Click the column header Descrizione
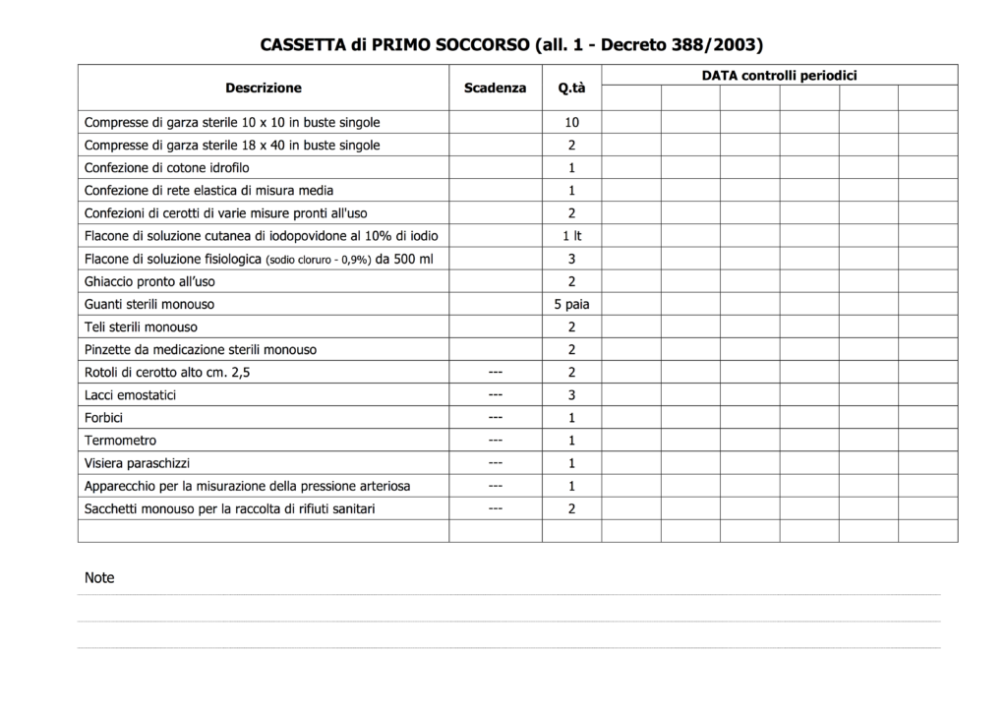click(264, 88)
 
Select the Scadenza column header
click(495, 88)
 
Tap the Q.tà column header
click(571, 89)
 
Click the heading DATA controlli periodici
click(779, 75)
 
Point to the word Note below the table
click(99, 578)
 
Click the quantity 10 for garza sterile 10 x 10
click(571, 123)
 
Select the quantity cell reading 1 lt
click(571, 236)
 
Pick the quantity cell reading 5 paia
click(571, 304)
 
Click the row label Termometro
click(121, 441)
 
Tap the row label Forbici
click(104, 418)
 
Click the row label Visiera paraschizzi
click(138, 463)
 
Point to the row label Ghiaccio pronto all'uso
click(149, 281)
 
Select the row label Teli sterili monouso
click(141, 326)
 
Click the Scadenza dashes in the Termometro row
click(496, 440)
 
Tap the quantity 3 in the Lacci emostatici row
click(571, 395)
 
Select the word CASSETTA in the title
click(303, 45)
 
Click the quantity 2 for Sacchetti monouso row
click(571, 508)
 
